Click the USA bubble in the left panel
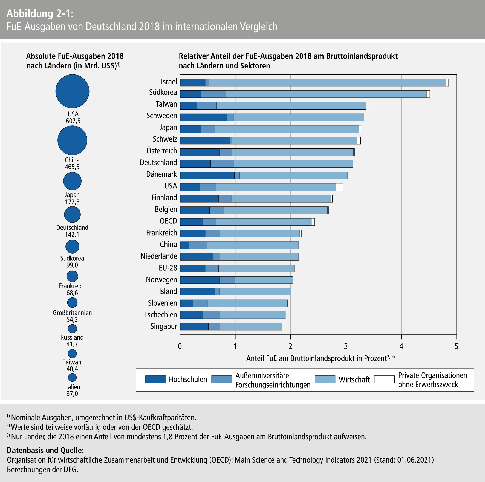click(72, 91)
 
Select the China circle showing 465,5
click(72, 140)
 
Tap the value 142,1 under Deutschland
click(72, 234)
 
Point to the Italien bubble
click(72, 377)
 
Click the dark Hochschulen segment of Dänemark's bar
click(207, 176)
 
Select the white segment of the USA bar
click(339, 187)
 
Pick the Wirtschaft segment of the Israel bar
click(327, 82)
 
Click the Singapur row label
click(164, 326)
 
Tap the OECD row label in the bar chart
click(168, 221)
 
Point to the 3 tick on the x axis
click(346, 346)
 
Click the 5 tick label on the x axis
click(457, 346)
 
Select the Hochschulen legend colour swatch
click(155, 379)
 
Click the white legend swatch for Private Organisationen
click(384, 379)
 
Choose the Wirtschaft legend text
click(354, 380)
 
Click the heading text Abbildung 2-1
click(40, 13)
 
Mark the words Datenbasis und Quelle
click(45, 450)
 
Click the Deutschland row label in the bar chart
click(158, 162)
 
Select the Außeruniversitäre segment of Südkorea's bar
click(213, 94)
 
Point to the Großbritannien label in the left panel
click(72, 313)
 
